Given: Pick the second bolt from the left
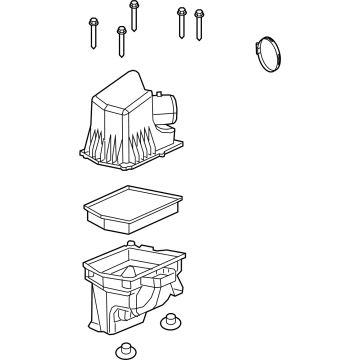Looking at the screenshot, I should click(x=119, y=40).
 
